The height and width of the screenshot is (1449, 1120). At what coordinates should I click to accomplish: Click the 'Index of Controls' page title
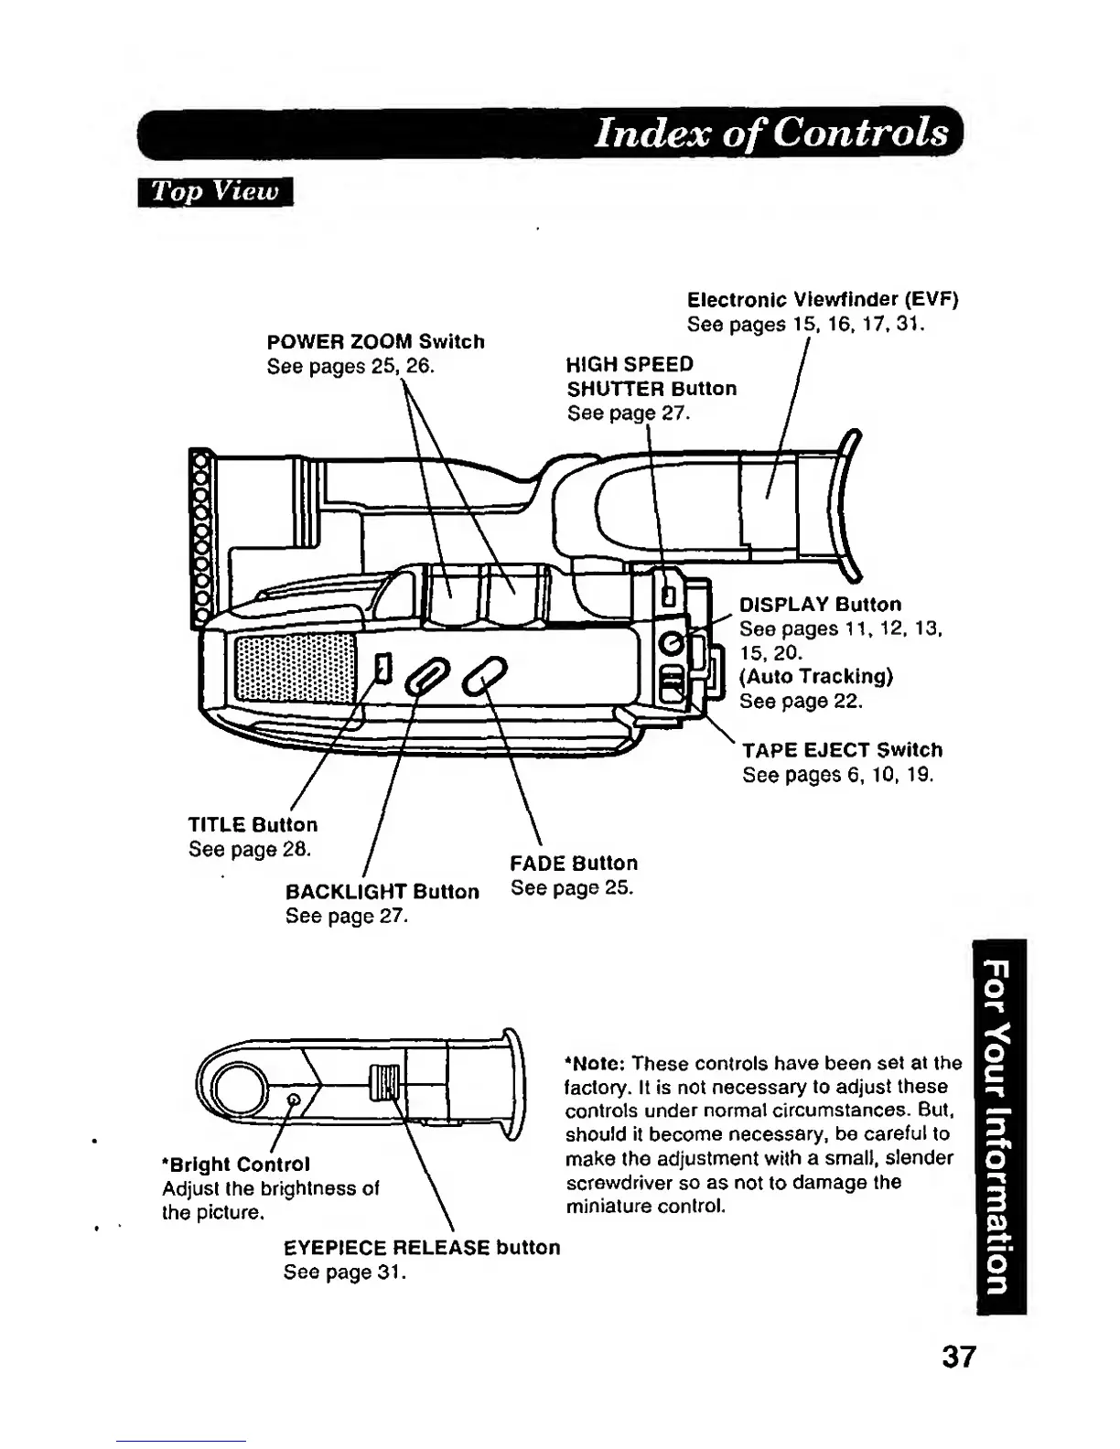click(x=771, y=133)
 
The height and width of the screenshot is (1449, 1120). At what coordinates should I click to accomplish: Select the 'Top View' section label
click(x=214, y=191)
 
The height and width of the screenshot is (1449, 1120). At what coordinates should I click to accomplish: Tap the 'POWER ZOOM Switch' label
click(x=375, y=341)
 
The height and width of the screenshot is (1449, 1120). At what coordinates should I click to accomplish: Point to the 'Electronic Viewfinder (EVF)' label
click(x=822, y=300)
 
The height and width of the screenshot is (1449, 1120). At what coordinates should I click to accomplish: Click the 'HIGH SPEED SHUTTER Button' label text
click(x=651, y=376)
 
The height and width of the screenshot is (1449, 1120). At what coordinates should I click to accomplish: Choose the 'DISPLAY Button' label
click(x=820, y=605)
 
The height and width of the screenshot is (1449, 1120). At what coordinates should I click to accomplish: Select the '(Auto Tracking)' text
click(x=815, y=676)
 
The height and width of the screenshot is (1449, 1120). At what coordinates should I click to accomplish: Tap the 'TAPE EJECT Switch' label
click(x=842, y=750)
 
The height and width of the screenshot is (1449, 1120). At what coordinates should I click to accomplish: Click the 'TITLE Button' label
click(x=253, y=825)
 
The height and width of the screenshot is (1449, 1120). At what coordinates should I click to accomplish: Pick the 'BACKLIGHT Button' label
click(x=382, y=892)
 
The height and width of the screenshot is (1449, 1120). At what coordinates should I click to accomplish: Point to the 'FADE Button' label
click(x=574, y=864)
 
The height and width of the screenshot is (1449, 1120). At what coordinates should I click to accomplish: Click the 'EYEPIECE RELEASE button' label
click(x=422, y=1248)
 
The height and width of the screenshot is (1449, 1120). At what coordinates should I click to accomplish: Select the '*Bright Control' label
click(x=236, y=1165)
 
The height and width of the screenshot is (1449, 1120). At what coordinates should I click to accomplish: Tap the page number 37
click(x=959, y=1356)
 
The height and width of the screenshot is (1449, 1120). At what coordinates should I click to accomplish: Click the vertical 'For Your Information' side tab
click(x=1001, y=1126)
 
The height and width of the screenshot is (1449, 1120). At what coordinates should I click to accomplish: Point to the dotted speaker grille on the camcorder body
click(x=295, y=668)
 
